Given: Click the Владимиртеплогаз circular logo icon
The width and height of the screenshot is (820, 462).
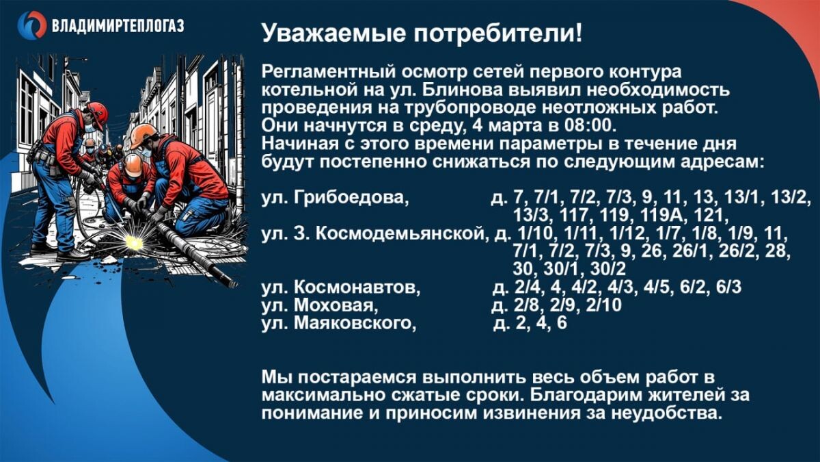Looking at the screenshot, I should [31, 25].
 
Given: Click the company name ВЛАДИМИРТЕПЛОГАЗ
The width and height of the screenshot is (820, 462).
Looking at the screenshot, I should [118, 27].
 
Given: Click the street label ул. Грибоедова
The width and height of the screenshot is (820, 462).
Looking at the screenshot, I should [335, 198].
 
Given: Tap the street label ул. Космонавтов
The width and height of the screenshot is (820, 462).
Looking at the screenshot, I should [337, 287].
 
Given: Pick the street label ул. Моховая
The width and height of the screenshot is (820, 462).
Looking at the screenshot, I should [318, 305].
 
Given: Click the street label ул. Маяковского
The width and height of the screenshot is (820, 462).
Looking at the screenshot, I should [339, 323].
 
